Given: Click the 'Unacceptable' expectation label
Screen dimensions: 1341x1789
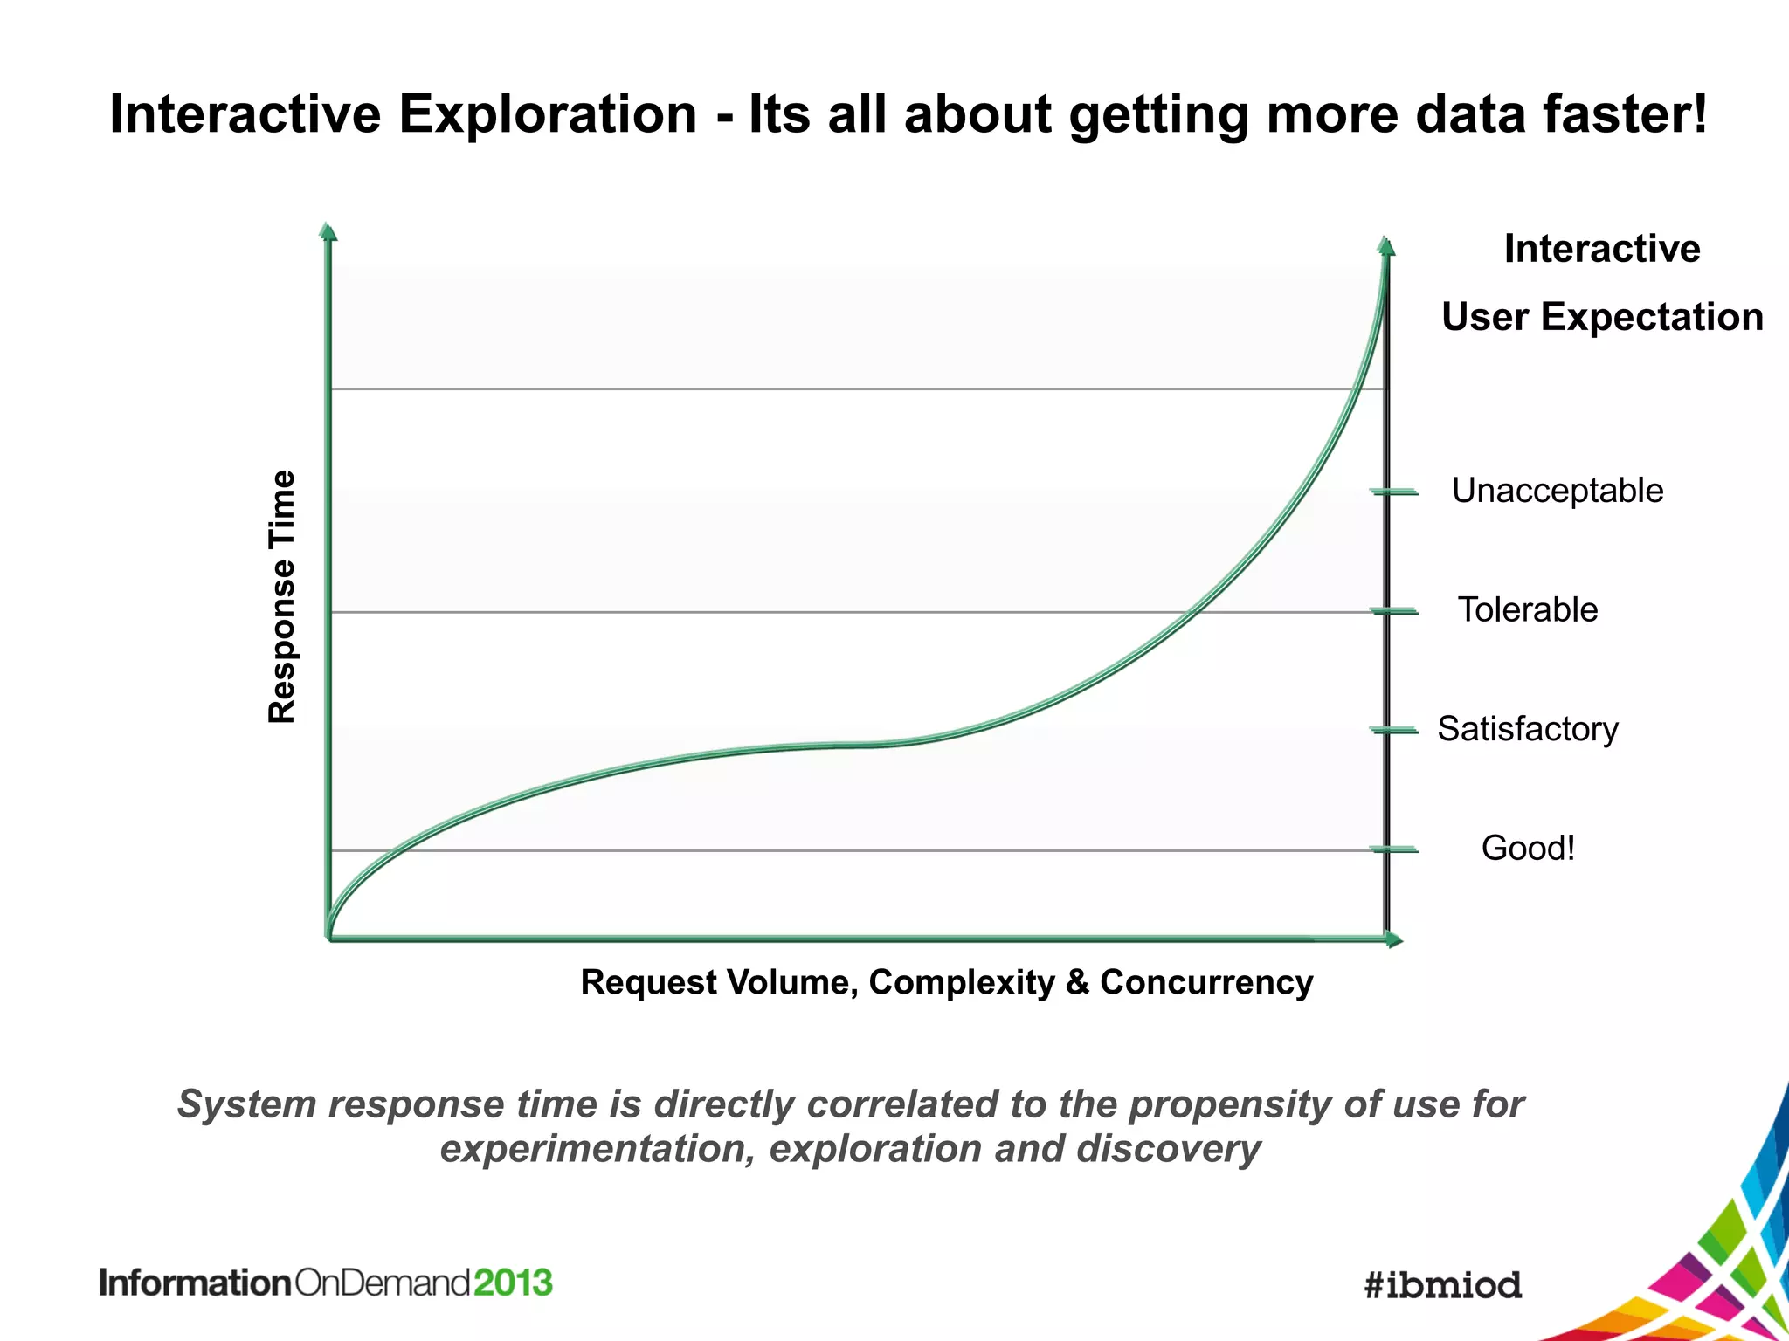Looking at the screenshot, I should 1557,491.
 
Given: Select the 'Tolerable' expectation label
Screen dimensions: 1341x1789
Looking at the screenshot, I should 1527,609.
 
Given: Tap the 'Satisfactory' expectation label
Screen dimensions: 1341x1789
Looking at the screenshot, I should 1527,729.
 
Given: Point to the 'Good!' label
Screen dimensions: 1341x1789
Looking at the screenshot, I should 1528,848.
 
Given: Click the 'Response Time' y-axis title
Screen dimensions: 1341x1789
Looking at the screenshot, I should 282,597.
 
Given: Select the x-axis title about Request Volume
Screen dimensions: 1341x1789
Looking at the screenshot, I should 946,982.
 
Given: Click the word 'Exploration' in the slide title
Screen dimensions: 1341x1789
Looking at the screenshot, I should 548,114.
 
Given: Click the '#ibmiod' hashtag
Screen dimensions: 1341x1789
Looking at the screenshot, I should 1442,1284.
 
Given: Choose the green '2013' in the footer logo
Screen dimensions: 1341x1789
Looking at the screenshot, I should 514,1283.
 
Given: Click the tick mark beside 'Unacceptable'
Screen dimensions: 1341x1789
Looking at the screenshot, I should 1394,492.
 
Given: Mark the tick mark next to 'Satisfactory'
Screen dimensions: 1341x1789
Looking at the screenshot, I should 1394,730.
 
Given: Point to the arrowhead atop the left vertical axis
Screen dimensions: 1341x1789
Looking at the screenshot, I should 328,231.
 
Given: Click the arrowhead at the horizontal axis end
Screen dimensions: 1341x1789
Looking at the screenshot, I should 1394,939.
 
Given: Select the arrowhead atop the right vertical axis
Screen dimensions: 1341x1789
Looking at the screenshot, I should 1385,246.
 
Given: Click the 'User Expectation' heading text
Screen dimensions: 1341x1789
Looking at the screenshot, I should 1602,317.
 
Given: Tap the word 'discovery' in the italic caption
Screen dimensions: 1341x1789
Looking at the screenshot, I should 1169,1149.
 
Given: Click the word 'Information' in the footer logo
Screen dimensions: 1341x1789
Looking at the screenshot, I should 195,1283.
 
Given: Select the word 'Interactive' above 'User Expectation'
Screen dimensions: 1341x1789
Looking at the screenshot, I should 1602,249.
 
